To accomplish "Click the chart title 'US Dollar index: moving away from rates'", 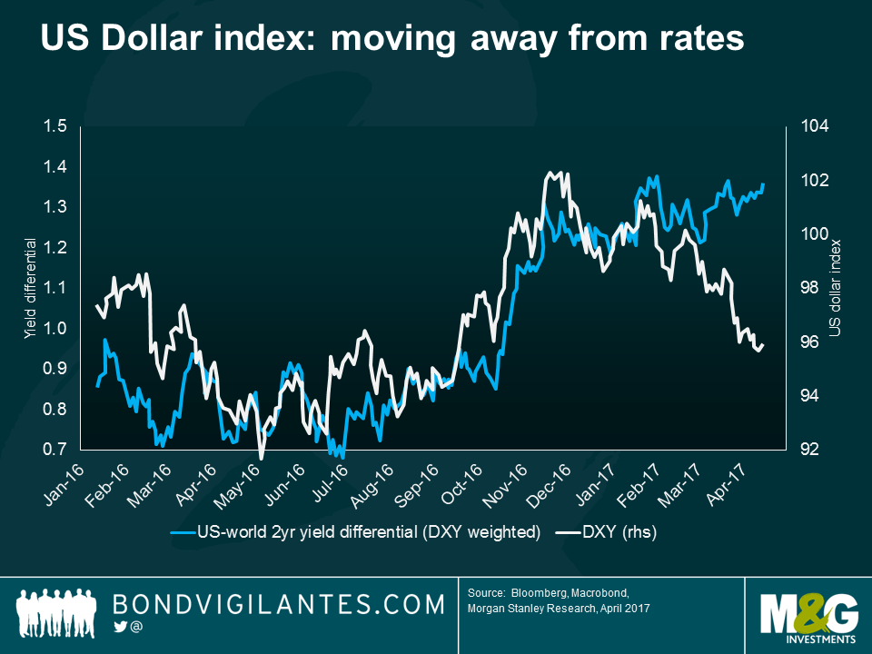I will (x=391, y=39).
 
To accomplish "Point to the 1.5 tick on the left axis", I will (x=56, y=126).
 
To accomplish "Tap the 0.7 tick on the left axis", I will (x=56, y=450).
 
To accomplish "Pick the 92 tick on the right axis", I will (x=810, y=450).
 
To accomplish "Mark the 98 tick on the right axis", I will (x=810, y=288).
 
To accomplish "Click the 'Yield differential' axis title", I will (x=29, y=288).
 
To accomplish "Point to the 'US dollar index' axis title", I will (x=837, y=288).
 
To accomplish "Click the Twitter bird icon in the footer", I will (x=120, y=627).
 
